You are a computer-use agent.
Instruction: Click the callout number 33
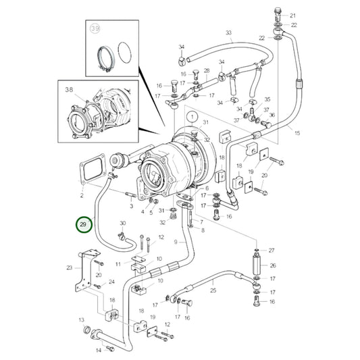(228, 33)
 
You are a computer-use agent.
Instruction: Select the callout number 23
(69, 268)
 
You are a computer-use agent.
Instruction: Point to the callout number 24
(111, 282)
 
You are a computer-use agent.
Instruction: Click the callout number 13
(80, 319)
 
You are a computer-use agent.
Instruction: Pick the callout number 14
(99, 350)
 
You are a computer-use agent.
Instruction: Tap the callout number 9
(176, 242)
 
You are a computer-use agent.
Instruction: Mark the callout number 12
(161, 237)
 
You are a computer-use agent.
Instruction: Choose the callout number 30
(122, 224)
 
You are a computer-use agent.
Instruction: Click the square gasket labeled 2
(88, 170)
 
